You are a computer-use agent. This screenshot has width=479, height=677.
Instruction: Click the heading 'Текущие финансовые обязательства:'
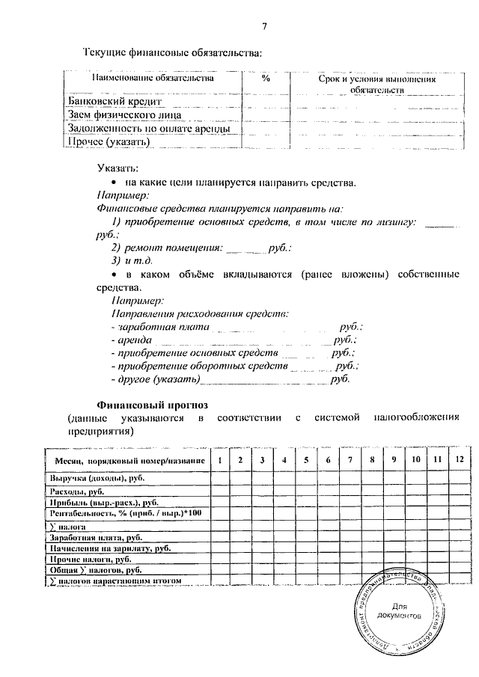click(173, 52)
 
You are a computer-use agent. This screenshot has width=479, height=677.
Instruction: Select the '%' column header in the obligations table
click(266, 78)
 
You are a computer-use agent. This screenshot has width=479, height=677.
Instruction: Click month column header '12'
click(459, 459)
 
